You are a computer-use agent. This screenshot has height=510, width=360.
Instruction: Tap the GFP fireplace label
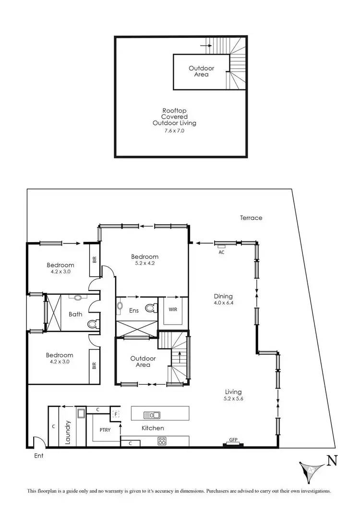233,439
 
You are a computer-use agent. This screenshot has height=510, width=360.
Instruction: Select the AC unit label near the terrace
221,252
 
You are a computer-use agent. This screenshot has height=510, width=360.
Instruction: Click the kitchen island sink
152,414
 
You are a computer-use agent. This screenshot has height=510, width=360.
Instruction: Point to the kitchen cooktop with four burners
162,440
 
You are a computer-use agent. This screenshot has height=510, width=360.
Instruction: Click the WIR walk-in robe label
173,310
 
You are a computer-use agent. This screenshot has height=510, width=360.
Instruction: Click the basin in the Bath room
77,297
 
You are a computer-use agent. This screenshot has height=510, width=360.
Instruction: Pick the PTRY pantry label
105,430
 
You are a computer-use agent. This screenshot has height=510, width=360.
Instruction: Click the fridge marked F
115,414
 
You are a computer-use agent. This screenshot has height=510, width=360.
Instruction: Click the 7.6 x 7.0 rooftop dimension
175,130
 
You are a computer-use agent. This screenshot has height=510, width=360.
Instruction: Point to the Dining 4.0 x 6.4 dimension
223,303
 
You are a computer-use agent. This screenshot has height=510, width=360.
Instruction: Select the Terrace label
251,218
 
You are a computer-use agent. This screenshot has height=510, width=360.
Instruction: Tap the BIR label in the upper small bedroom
95,260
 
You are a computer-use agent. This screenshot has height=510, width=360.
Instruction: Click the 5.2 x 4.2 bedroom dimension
144,263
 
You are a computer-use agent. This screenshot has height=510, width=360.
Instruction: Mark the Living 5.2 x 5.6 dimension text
233,399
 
